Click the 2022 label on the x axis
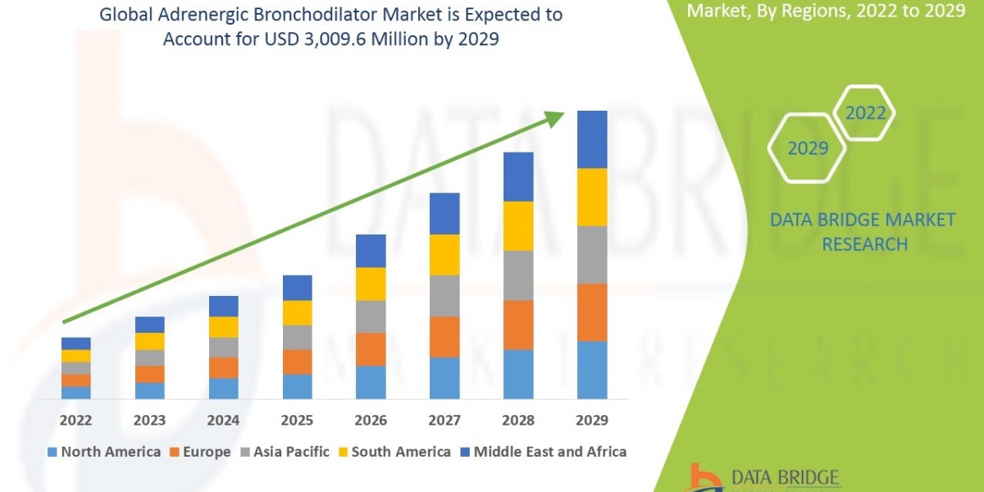point(75,421)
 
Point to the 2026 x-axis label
point(371,421)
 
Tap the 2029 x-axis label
point(592,421)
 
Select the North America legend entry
point(104,452)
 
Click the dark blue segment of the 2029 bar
point(592,139)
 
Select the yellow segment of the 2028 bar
point(518,225)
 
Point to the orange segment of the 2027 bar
point(444,337)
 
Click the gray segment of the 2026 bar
point(371,317)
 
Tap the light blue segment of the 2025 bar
point(297,386)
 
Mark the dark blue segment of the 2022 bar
point(75,344)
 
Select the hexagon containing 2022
point(865,114)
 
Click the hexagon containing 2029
point(807,148)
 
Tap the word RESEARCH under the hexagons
point(864,244)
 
